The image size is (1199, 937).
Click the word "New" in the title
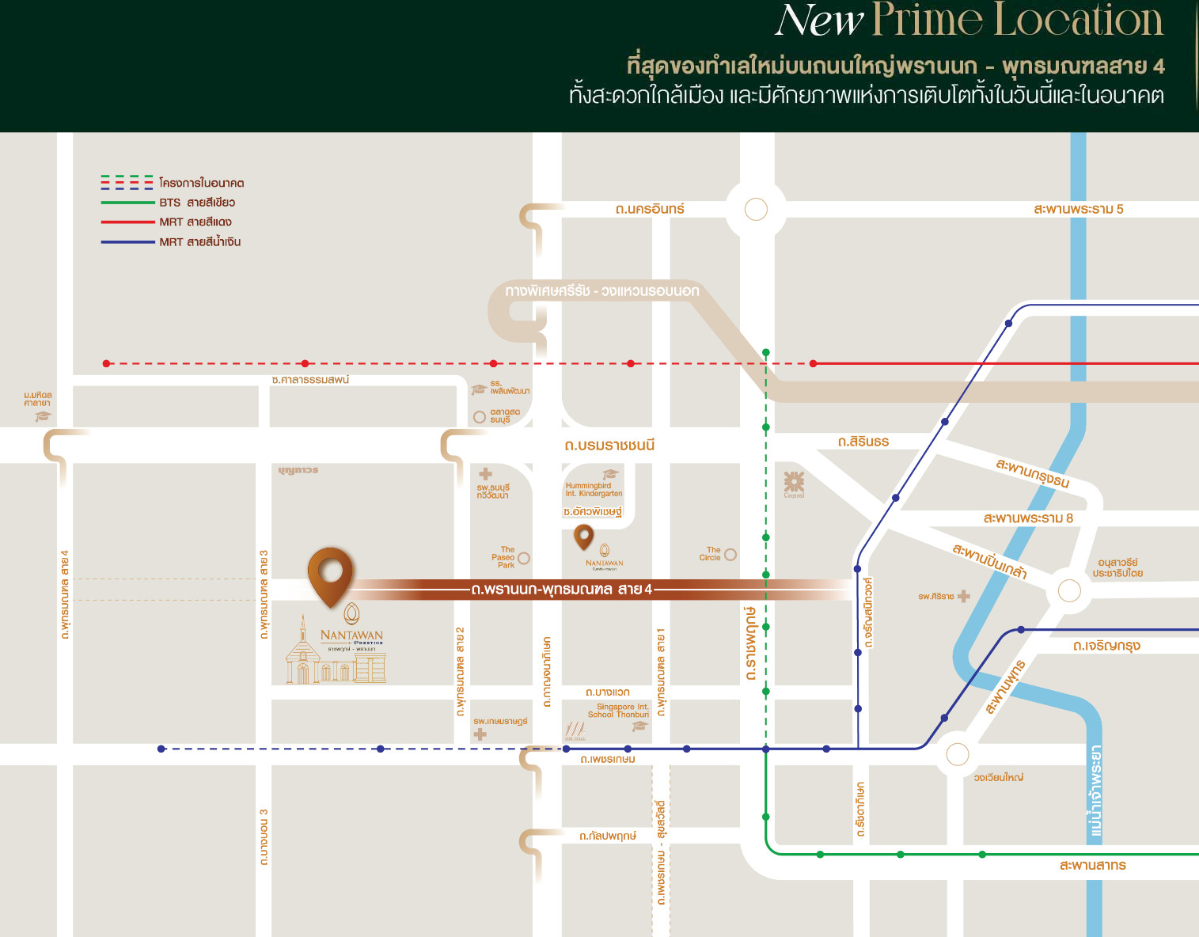[818, 21]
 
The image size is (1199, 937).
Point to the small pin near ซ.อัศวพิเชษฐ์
[583, 537]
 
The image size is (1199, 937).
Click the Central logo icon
[794, 482]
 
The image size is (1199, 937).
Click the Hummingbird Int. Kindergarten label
[594, 489]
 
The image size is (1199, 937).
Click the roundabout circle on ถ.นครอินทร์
[756, 210]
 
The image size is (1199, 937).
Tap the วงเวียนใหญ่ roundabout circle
[957, 754]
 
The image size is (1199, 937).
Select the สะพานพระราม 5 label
[1078, 209]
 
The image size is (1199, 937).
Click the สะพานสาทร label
[1092, 866]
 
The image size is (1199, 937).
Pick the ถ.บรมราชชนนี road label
[609, 446]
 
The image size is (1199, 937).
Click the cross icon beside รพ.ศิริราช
[963, 596]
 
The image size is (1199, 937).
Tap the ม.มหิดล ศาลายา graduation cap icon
[43, 416]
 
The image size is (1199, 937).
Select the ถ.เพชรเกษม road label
[608, 760]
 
